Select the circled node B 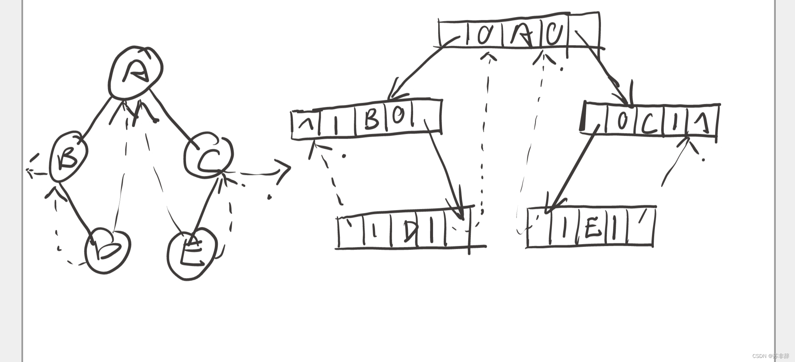pos(68,157)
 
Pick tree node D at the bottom pos(107,250)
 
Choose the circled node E pos(192,253)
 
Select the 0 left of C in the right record pos(622,121)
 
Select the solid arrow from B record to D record pos(443,166)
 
